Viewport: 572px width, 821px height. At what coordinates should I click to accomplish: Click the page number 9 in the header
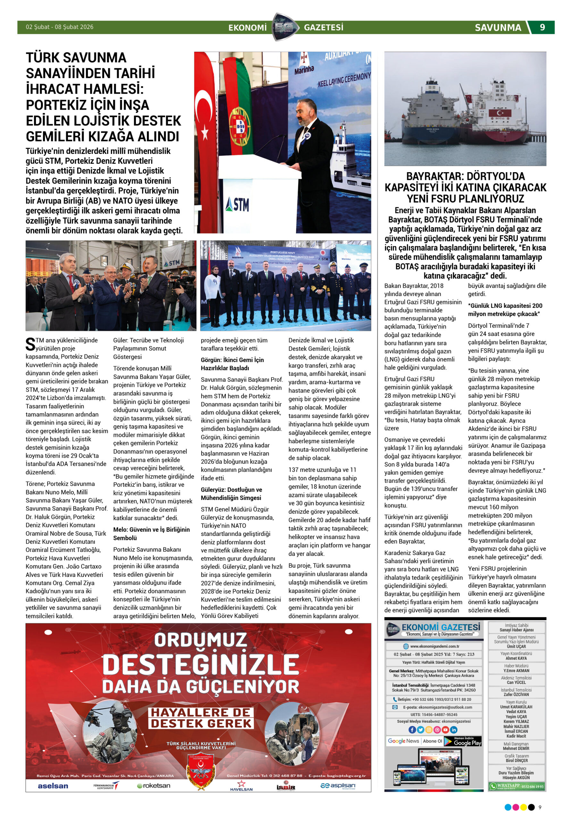click(x=542, y=28)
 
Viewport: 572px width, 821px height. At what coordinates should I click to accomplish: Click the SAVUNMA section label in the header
click(x=498, y=28)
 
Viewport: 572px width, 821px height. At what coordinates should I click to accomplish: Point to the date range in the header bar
click(x=59, y=27)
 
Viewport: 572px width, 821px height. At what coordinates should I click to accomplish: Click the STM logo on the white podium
click(x=237, y=205)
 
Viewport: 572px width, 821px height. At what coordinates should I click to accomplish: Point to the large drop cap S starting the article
click(x=30, y=344)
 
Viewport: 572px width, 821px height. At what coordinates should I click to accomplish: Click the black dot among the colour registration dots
click(x=531, y=807)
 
